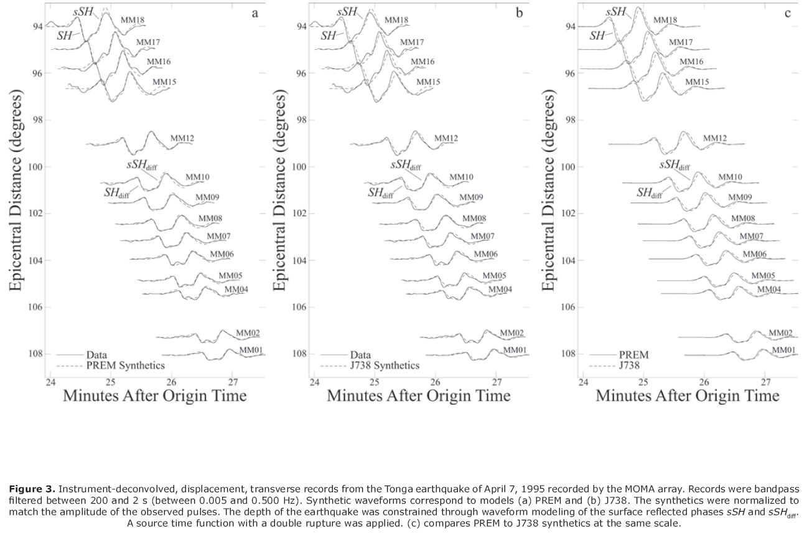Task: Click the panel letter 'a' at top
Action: pos(254,12)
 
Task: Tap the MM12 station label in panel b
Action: pos(446,138)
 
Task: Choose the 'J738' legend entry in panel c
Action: pos(629,366)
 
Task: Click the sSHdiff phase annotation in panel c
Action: pos(674,166)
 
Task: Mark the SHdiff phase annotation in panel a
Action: pos(117,192)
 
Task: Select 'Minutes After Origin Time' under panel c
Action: pos(687,396)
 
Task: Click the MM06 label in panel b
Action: pos(486,254)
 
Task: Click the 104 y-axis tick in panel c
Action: pos(571,260)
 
